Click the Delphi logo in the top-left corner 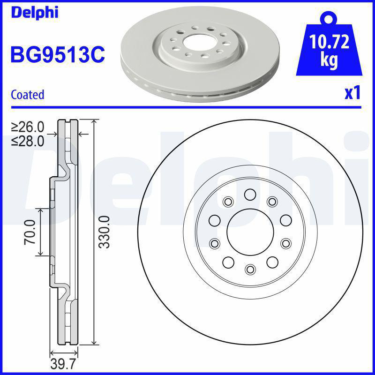tap(34, 12)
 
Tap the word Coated tap(27, 94)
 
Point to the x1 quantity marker tap(352, 93)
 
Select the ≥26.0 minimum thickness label tap(28, 127)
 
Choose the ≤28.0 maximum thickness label tap(28, 140)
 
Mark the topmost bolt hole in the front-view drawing tap(249, 194)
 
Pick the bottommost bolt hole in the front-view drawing tap(249, 269)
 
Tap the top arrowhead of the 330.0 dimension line tap(95, 122)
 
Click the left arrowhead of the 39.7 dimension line tap(52, 353)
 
